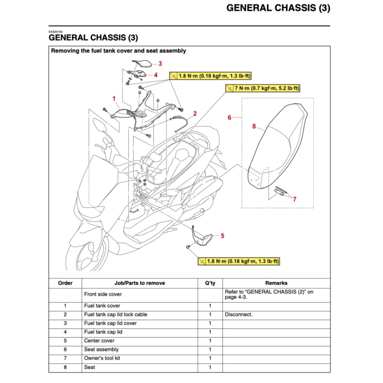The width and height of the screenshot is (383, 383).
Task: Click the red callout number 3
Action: (160, 63)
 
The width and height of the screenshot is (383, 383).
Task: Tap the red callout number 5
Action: (222, 236)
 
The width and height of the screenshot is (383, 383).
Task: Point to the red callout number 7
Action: (294, 199)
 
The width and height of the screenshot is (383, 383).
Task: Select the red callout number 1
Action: (114, 98)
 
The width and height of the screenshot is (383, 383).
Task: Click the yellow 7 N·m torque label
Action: (263, 88)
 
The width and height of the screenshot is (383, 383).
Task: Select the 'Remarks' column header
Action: (276, 283)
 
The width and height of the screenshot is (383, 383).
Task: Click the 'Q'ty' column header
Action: (210, 283)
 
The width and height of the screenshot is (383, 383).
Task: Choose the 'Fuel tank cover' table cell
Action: (102, 306)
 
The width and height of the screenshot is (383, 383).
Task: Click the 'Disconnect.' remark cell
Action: (238, 314)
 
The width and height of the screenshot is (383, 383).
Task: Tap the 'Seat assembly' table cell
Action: (101, 349)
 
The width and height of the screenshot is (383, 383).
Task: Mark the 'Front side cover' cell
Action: (103, 294)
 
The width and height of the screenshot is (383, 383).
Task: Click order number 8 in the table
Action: (65, 367)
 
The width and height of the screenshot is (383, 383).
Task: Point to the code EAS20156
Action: (56, 32)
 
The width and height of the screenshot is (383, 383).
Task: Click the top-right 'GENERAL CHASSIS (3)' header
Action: (278, 8)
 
